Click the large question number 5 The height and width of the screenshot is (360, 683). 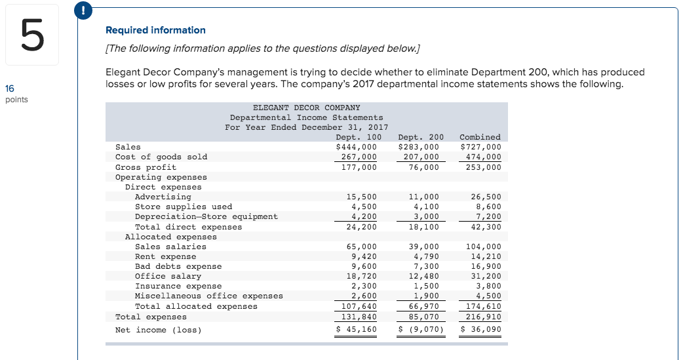click(x=32, y=36)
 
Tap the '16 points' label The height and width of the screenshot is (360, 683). click(x=16, y=94)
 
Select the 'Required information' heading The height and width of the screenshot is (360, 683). click(x=155, y=30)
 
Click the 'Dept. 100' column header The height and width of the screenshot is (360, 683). click(x=359, y=137)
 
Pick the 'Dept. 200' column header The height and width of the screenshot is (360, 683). click(x=421, y=137)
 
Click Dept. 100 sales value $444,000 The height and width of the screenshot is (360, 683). click(x=357, y=147)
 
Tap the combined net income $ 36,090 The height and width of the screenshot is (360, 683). click(x=482, y=329)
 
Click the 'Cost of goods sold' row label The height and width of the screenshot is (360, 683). click(x=161, y=157)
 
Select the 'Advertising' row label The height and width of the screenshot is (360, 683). click(x=163, y=197)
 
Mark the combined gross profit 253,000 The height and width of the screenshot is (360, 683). click(x=486, y=167)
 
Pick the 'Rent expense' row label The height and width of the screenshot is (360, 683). click(x=165, y=256)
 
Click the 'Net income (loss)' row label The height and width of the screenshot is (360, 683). click(x=159, y=329)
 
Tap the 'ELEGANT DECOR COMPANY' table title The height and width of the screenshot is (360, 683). click(x=306, y=107)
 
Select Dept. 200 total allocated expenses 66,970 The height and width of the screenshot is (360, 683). click(x=423, y=306)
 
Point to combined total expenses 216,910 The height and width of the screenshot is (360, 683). click(x=486, y=317)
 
